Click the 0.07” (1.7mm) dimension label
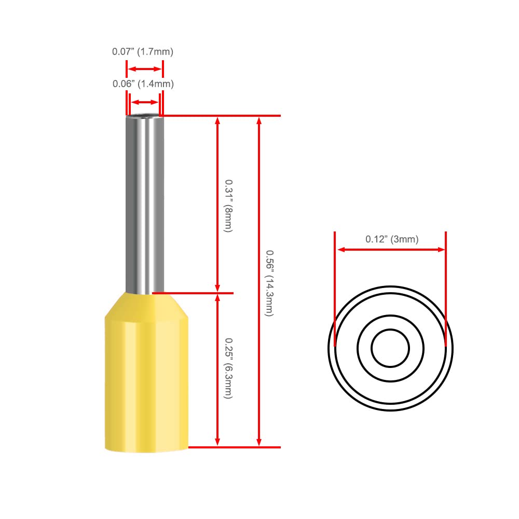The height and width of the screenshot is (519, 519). [143, 51]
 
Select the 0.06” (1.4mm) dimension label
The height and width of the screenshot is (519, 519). [143, 84]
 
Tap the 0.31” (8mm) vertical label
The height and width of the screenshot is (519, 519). [229, 206]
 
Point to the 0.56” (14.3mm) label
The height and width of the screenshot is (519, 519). [270, 283]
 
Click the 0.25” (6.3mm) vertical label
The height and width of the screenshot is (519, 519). [229, 368]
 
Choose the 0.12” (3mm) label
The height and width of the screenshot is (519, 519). [392, 239]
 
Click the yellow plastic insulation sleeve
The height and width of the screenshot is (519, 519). [147, 372]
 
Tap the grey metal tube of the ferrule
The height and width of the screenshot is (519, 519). [145, 203]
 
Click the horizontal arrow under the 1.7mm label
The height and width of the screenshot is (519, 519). [145, 69]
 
